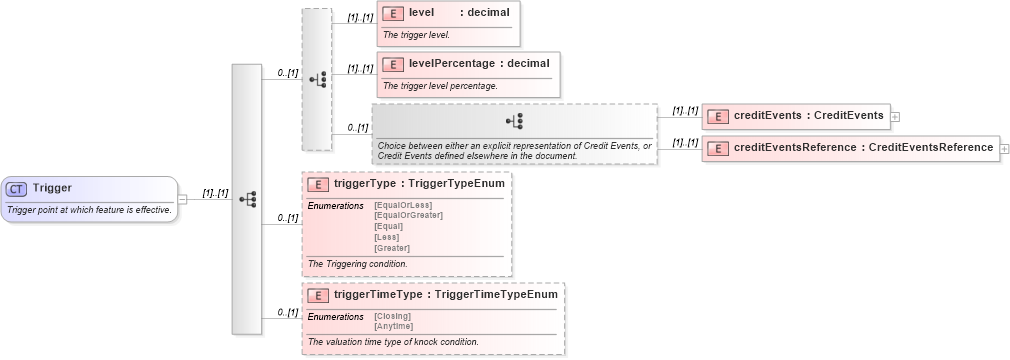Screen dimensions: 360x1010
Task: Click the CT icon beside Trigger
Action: pos(17,188)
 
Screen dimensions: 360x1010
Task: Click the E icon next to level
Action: pos(393,13)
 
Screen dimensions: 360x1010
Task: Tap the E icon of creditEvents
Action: pos(717,116)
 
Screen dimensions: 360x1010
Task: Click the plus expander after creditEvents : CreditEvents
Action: pos(895,116)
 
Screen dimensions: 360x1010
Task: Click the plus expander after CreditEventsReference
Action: pos(1004,148)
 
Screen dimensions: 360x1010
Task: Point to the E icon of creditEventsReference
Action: pos(717,148)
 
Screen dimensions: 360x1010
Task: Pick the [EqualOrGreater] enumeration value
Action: pos(408,215)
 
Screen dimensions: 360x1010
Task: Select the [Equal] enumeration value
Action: pos(388,226)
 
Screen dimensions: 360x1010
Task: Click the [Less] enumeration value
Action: pos(387,237)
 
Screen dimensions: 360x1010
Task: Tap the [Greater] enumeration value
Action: pos(392,247)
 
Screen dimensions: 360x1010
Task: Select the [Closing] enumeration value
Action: pos(392,316)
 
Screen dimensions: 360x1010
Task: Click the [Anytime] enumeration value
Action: pos(394,326)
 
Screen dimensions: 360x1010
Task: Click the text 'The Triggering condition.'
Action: pos(357,264)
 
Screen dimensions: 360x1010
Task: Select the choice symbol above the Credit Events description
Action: pos(515,121)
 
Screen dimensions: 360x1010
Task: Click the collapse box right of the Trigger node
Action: pos(183,198)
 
